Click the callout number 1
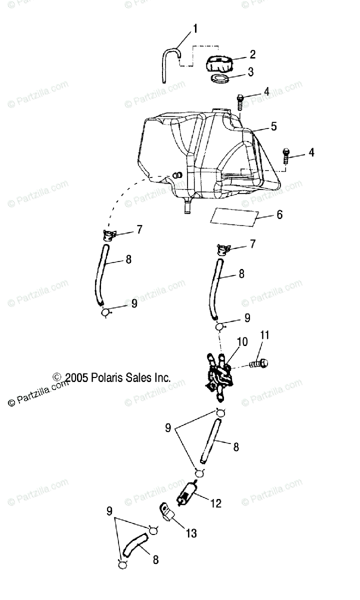pos(195,28)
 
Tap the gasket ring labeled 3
pos(220,79)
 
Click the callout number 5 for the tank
pos(273,126)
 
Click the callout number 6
pos(279,214)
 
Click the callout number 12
pos(215,503)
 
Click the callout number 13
pos(191,533)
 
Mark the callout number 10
pos(242,342)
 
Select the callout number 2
pos(252,54)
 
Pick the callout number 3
pos(251,72)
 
